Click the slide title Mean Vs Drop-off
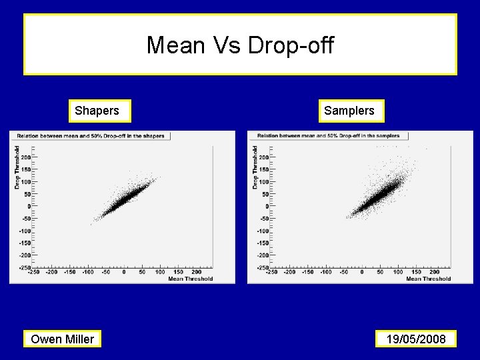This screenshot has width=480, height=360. [x=240, y=45]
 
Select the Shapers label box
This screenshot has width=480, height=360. [x=97, y=111]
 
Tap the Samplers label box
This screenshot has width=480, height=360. [x=349, y=111]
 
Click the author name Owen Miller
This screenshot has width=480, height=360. [x=63, y=339]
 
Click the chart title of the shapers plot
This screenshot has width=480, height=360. [x=90, y=136]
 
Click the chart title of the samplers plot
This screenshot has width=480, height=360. [x=328, y=136]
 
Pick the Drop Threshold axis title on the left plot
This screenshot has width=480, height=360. [x=17, y=168]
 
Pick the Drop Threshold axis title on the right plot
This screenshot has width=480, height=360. [x=255, y=168]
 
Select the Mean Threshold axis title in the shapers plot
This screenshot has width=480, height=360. [x=191, y=279]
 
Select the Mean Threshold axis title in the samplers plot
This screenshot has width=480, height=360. [x=429, y=279]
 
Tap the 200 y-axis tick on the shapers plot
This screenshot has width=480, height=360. [x=25, y=157]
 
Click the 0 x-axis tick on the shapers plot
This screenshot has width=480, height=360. [x=124, y=272]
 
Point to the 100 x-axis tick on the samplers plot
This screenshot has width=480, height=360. [x=398, y=272]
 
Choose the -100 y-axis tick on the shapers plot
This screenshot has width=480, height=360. [x=24, y=231]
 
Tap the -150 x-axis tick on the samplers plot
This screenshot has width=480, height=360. [x=307, y=272]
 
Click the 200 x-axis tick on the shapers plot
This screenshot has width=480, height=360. [x=196, y=272]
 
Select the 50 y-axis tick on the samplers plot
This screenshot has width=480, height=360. [x=265, y=194]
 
